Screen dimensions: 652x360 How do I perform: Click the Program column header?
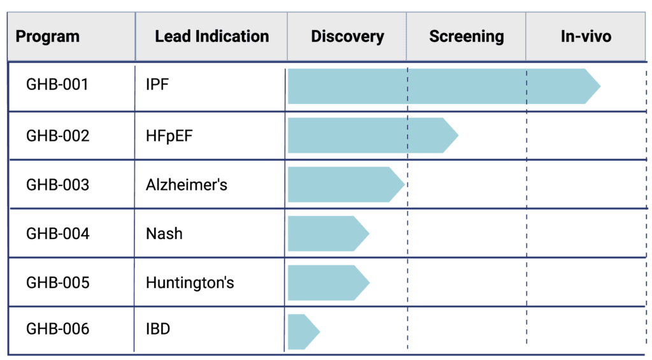[47, 36]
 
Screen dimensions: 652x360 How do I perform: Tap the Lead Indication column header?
[212, 36]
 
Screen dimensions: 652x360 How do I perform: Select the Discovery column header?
[348, 36]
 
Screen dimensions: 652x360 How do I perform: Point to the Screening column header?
[467, 36]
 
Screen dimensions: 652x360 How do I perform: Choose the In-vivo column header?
[586, 36]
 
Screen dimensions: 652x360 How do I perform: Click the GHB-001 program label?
[57, 85]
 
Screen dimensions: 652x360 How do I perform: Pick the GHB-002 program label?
[58, 136]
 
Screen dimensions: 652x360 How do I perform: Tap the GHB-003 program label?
[58, 185]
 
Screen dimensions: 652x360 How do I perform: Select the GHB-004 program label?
[58, 233]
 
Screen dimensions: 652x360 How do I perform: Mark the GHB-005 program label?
[58, 283]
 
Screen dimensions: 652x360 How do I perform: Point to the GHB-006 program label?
[58, 329]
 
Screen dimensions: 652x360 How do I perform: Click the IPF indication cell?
[157, 85]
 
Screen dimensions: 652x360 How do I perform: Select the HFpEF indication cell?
[169, 136]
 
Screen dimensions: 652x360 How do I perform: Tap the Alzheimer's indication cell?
[187, 185]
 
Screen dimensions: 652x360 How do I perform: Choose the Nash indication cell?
[164, 233]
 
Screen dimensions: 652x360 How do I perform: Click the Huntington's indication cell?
[190, 283]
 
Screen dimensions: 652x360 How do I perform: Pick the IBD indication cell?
[158, 329]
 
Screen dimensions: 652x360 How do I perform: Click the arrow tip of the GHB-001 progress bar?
[600, 86]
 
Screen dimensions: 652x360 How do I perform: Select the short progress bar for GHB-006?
[304, 332]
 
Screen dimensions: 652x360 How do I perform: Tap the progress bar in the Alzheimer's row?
[346, 184]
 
